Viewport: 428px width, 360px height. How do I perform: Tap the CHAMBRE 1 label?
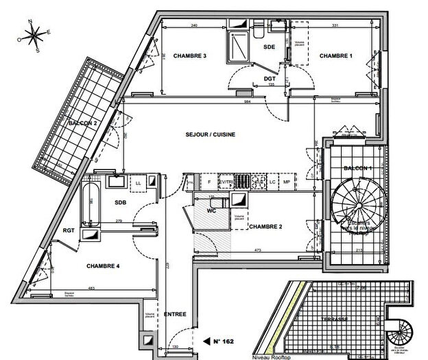(x=335, y=56)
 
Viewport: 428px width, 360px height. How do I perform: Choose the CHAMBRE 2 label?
(x=265, y=226)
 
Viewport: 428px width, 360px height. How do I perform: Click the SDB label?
(x=121, y=202)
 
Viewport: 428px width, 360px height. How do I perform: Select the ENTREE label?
(x=175, y=314)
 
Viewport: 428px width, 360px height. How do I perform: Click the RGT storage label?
(x=68, y=230)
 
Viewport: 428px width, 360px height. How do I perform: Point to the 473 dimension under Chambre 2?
(x=260, y=251)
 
